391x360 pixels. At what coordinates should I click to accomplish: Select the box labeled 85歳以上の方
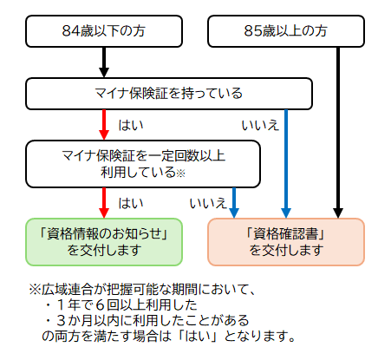point(286,32)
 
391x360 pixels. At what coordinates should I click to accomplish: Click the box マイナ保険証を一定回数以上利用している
point(143,164)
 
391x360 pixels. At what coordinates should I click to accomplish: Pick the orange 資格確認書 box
point(285,241)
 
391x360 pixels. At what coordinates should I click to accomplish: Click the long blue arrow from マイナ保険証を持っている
point(285,160)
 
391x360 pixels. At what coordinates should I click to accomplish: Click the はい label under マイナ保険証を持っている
point(131,125)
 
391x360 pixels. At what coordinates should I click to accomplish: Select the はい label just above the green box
point(131,203)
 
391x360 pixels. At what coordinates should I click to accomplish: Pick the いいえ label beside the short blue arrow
point(207,203)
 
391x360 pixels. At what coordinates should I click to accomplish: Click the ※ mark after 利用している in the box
point(181,173)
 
